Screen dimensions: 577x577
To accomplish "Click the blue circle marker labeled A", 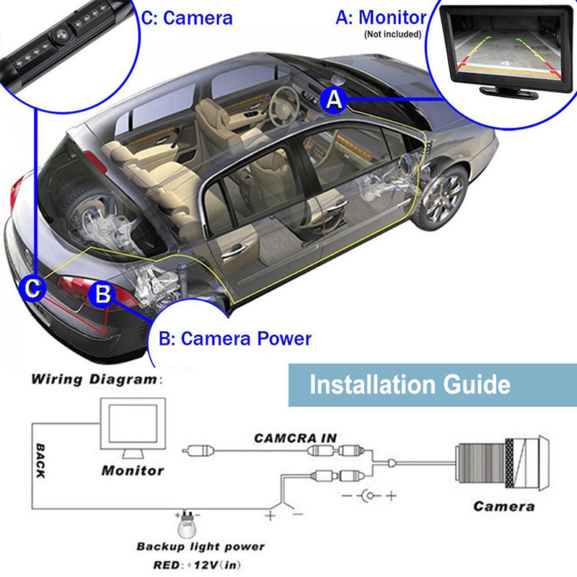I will tap(334, 100).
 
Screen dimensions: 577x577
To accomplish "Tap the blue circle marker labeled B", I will tap(102, 294).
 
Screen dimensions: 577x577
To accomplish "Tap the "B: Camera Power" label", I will tap(235, 338).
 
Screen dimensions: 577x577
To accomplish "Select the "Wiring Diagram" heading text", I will tap(94, 379).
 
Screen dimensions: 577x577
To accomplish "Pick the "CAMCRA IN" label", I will tap(294, 438).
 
